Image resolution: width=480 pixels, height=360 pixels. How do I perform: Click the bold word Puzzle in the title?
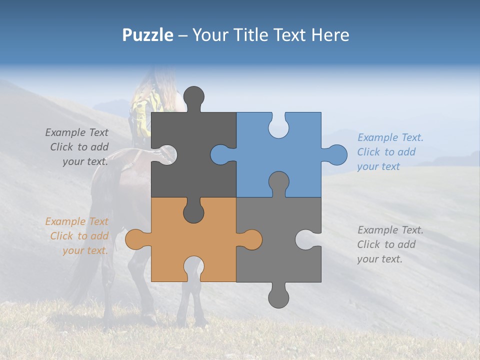click(x=147, y=35)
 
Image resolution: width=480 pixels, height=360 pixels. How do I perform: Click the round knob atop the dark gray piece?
click(x=193, y=96)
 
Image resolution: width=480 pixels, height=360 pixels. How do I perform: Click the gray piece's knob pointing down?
click(x=278, y=297)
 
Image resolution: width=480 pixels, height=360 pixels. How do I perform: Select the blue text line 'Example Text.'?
click(x=390, y=137)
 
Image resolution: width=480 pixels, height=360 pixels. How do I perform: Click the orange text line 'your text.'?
click(x=85, y=250)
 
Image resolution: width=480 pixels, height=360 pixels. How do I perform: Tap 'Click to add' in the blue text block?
click(x=386, y=152)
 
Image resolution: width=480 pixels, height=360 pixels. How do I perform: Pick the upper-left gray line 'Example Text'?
click(x=77, y=132)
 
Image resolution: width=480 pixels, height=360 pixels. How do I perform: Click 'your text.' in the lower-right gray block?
click(x=379, y=259)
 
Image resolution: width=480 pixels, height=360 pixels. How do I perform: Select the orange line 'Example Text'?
click(x=77, y=221)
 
